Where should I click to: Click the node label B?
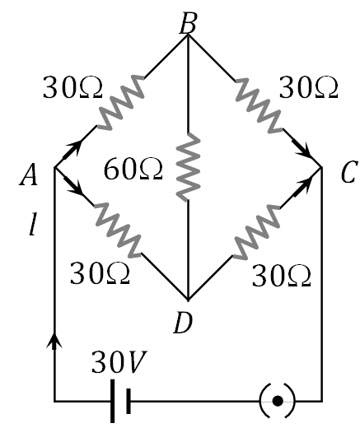coord(188,22)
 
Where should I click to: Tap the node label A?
coord(34,174)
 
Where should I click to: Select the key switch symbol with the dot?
coord(278,401)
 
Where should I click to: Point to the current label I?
coord(31,224)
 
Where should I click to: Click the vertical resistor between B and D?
coord(189,165)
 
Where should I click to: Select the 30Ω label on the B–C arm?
coord(309,84)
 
